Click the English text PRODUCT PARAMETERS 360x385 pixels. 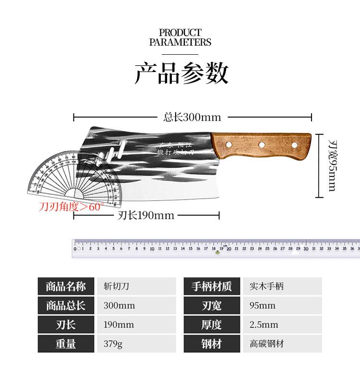click(180, 37)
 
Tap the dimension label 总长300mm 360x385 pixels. click(192, 117)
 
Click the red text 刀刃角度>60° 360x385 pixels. click(72, 207)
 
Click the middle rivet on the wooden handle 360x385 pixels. click(262, 144)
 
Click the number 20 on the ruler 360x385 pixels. click(229, 249)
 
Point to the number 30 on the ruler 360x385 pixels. click(306, 249)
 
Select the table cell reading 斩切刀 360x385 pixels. click(116, 287)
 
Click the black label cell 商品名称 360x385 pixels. click(66, 287)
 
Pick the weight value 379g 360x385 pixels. click(113, 344)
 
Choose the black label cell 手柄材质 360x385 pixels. click(212, 287)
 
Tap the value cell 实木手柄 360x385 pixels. click(266, 287)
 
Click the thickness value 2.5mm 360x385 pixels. click(264, 325)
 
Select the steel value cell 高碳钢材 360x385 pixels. click(266, 344)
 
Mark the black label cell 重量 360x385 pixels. click(66, 344)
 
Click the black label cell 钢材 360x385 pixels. click(212, 344)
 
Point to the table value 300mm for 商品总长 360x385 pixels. click(119, 305)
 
